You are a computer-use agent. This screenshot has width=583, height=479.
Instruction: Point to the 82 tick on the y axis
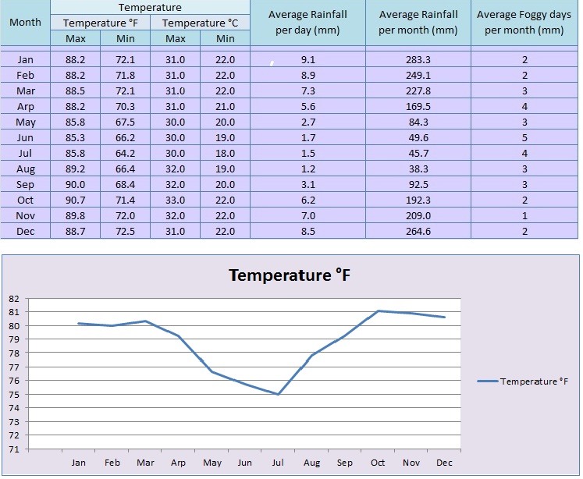[x=13, y=298]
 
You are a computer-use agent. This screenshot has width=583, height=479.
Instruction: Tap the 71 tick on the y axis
[x=13, y=449]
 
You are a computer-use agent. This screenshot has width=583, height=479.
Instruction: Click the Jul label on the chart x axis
[x=278, y=463]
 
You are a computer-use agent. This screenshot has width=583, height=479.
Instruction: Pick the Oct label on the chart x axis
[x=378, y=463]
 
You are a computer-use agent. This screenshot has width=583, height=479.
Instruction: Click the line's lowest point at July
[x=278, y=394]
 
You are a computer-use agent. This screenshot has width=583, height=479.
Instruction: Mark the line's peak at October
[x=378, y=310]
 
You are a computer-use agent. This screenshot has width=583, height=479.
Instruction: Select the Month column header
[x=25, y=23]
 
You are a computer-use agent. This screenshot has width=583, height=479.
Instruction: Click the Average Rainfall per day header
[x=307, y=23]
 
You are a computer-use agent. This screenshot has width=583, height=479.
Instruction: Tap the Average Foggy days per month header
[x=524, y=23]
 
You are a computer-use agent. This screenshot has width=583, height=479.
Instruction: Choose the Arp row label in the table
[x=25, y=106]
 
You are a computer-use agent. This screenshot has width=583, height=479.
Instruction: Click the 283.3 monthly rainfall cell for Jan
[x=418, y=59]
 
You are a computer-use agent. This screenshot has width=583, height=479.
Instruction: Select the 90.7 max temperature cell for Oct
[x=76, y=200]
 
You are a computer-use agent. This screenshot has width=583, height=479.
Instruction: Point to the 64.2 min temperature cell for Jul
[x=125, y=153]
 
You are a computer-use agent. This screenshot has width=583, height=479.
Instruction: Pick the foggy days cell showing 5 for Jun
[x=524, y=137]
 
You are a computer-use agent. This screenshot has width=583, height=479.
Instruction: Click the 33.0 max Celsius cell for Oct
[x=176, y=200]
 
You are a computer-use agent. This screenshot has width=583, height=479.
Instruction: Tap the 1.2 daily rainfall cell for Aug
[x=307, y=169]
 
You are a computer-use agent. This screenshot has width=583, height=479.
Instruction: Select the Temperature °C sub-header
[x=201, y=23]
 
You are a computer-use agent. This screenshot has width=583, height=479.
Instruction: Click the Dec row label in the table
[x=25, y=231]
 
